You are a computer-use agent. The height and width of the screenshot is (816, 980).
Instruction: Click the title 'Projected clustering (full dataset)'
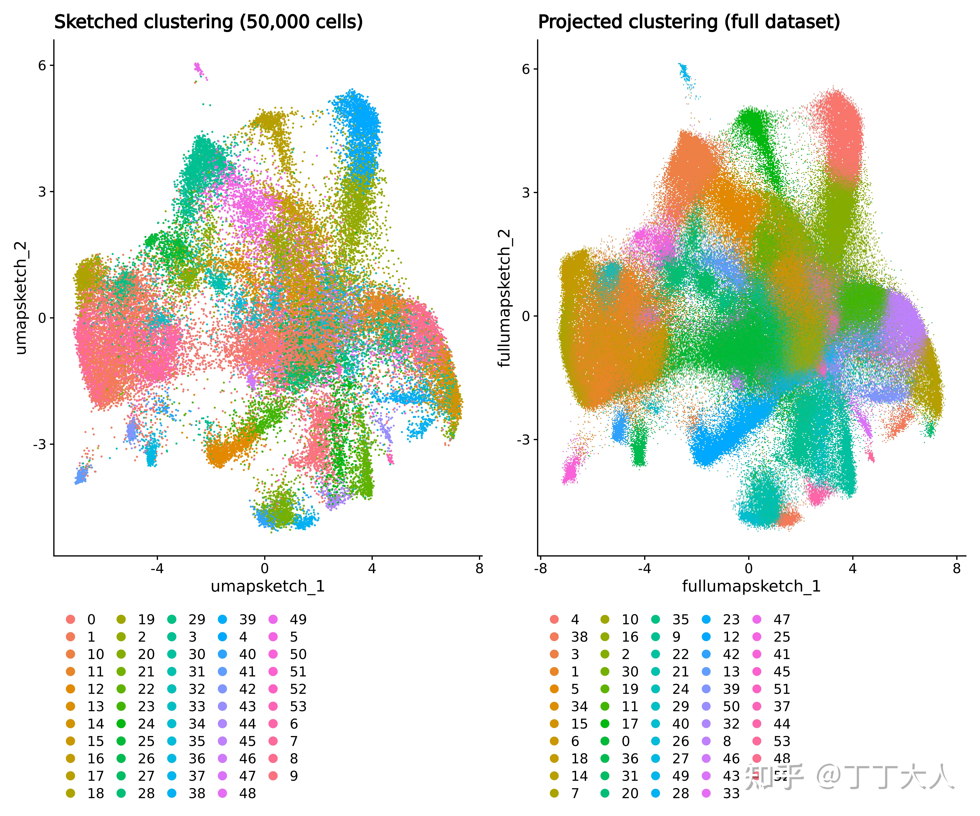[689, 22]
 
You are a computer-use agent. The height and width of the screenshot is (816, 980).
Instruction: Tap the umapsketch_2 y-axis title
[21, 298]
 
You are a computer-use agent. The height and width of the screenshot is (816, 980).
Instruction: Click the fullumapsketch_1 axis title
[751, 586]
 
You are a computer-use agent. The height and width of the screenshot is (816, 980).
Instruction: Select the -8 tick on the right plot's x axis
[540, 568]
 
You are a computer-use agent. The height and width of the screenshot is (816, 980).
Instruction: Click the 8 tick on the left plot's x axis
[479, 568]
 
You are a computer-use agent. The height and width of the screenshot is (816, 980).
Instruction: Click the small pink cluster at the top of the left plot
[198, 69]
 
